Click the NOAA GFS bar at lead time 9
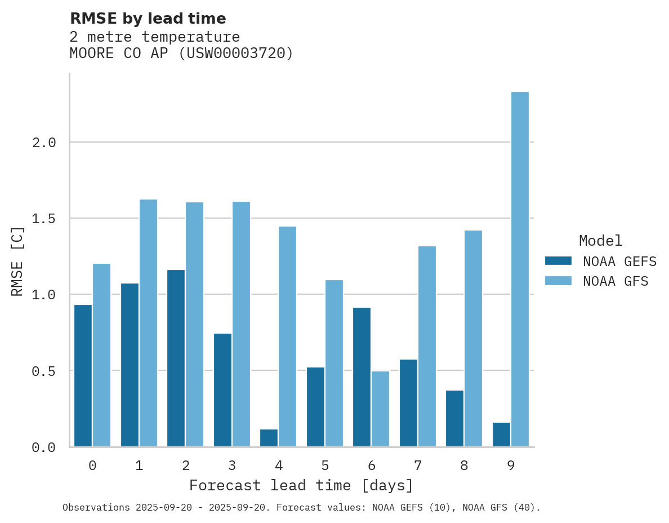520,269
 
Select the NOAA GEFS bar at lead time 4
269,438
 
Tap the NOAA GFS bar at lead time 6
380,409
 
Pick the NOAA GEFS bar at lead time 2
176,358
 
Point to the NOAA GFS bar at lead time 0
101,355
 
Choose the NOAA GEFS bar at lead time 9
501,435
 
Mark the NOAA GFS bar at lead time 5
334,363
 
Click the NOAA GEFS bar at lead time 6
362,377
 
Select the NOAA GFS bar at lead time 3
241,324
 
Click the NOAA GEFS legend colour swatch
558,261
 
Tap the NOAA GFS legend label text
616,281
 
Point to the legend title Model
600,241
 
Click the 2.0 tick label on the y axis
44,143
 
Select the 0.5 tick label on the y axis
44,371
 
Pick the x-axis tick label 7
417,466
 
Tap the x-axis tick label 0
92,466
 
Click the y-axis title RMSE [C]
17,261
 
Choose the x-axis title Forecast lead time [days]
301,485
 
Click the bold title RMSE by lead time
148,19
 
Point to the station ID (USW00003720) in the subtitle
236,54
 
